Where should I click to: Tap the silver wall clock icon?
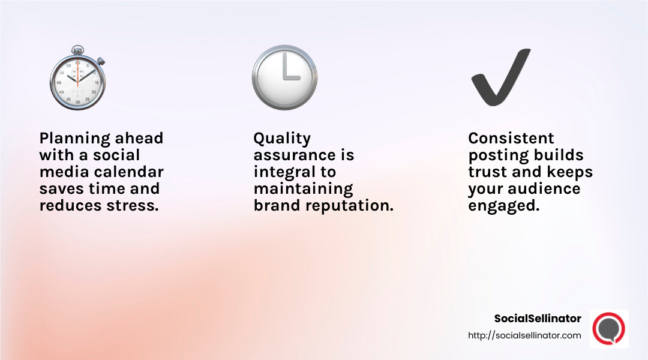[284, 77]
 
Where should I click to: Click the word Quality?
[282, 139]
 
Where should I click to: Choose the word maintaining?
[303, 189]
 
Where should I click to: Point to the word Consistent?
[511, 139]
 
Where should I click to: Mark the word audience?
[545, 189]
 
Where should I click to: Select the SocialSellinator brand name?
[538, 319]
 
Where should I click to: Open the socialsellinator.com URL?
[524, 335]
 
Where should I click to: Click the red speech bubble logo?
[608, 329]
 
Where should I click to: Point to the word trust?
[487, 172]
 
